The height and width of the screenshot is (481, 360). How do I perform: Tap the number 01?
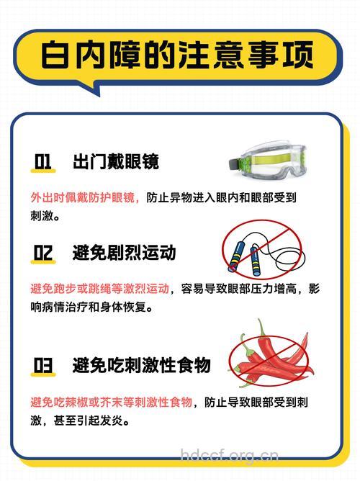(43, 161)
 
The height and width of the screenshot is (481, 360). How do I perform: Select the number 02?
(43, 253)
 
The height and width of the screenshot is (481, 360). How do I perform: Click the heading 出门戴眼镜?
(115, 161)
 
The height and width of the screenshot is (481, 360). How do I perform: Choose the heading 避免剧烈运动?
(124, 253)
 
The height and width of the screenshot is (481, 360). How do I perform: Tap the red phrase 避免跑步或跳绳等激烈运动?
(100, 289)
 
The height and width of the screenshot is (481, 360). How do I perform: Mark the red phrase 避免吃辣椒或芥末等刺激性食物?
(111, 402)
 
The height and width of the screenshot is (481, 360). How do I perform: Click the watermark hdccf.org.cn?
(229, 455)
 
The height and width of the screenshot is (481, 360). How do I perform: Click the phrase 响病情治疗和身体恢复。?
(94, 307)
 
